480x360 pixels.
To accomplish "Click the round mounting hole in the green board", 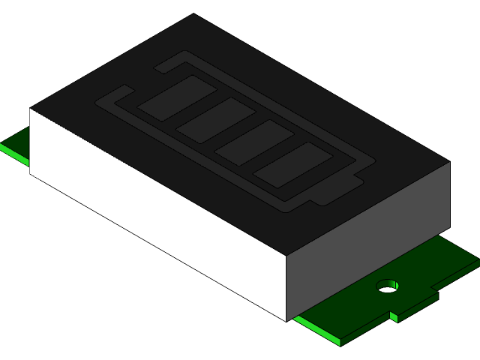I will [x=387, y=286].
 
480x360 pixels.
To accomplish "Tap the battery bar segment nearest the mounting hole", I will [x=292, y=167].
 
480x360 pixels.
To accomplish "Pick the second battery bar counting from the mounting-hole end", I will [x=253, y=144].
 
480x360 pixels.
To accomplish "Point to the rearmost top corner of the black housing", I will [x=193, y=14].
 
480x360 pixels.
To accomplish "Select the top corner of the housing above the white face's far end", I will [x=31, y=109].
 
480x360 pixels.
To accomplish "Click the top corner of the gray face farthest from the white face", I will [x=449, y=162].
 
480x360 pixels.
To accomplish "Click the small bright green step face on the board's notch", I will [x=394, y=316].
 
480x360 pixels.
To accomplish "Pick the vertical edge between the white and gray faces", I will [x=287, y=289].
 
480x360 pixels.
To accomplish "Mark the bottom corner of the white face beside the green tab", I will [x=31, y=173].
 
